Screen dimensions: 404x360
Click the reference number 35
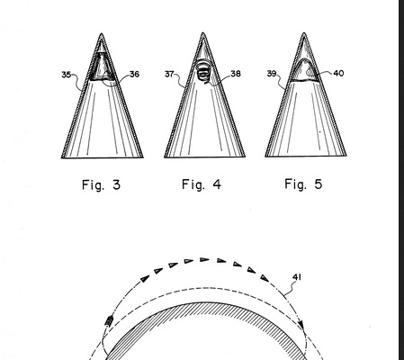coord(66,75)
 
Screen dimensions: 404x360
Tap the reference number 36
coord(135,74)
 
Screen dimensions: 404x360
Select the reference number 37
coord(169,74)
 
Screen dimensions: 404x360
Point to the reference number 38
coord(236,74)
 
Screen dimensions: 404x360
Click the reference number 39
coord(272,74)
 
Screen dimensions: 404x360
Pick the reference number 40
coord(338,73)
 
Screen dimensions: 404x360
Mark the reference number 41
coord(297,277)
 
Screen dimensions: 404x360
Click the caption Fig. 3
coord(101,184)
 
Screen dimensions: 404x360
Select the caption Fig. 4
coord(202,184)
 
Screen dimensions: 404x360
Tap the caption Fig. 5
coord(303,184)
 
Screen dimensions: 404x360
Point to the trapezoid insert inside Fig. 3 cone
coord(103,67)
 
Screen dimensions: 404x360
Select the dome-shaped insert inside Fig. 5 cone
coord(304,70)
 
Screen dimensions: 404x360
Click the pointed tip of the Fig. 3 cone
coord(102,33)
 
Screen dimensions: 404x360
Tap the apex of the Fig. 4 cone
coord(203,32)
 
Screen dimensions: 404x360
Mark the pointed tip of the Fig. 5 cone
coord(304,32)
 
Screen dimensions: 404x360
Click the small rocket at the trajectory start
coord(109,321)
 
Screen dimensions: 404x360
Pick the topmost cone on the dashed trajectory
coord(204,259)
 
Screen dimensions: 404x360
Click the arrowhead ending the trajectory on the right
coord(302,326)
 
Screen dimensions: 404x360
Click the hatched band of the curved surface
coord(204,308)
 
